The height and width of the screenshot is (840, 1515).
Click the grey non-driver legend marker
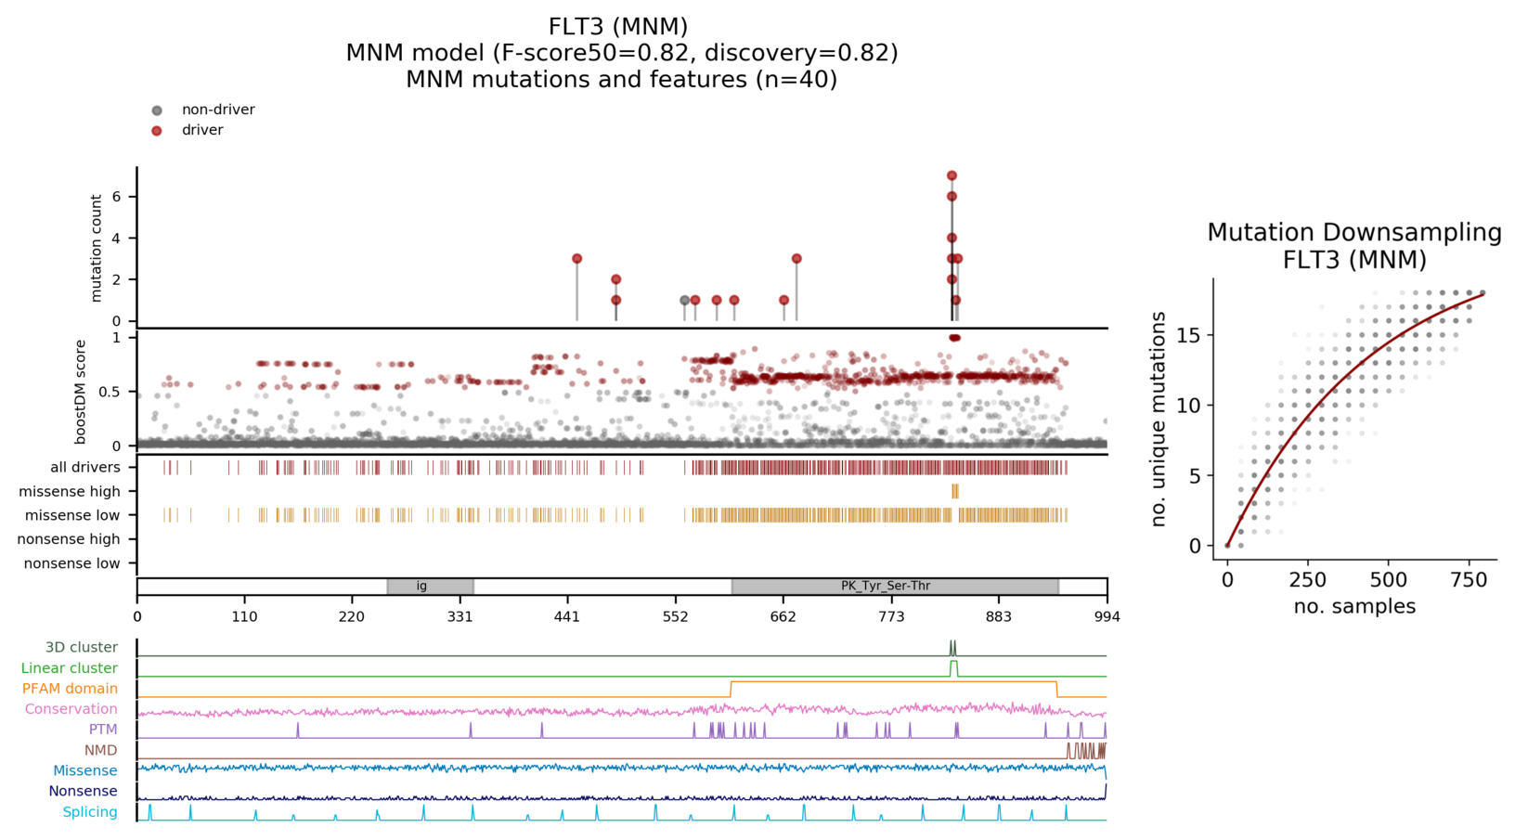pos(157,110)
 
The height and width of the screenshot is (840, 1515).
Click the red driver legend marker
pos(157,131)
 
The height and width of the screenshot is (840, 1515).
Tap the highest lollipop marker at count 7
pos(952,175)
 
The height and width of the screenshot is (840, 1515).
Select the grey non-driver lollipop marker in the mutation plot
pos(685,301)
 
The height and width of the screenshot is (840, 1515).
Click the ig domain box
pos(430,587)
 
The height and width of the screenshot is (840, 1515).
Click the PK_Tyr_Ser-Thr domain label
pos(886,587)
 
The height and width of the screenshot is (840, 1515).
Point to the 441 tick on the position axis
pos(568,616)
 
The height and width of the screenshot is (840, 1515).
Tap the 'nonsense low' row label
pos(71,563)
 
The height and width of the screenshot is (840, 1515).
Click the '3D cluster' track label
pos(82,648)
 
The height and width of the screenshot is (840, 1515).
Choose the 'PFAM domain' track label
pos(70,689)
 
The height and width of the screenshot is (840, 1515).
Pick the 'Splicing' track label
pos(90,812)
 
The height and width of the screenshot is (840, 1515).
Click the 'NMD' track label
pos(100,750)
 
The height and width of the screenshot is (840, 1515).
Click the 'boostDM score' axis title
pos(81,392)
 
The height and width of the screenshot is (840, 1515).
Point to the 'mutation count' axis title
pos(97,248)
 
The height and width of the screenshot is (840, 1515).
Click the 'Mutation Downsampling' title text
pos(1353,233)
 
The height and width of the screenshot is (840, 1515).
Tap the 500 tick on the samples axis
pos(1389,580)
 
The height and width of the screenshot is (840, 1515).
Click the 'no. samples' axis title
pos(1354,607)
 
